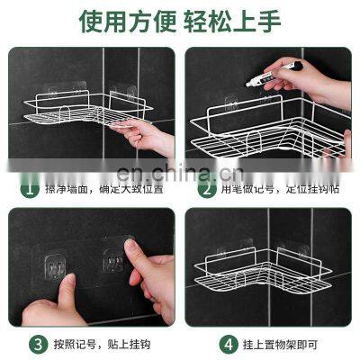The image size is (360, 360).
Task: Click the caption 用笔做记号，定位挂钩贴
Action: click(x=280, y=190)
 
